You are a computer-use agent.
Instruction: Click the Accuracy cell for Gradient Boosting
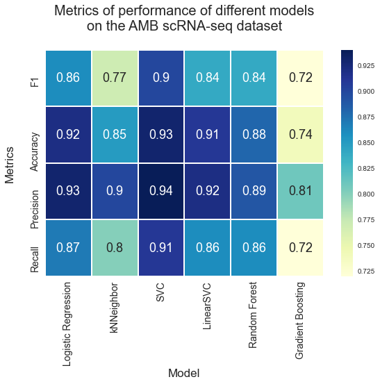pos(300,135)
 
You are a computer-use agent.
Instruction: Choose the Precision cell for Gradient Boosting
pos(300,191)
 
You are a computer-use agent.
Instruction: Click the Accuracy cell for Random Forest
pos(254,135)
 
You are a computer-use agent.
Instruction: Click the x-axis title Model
pos(184,373)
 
